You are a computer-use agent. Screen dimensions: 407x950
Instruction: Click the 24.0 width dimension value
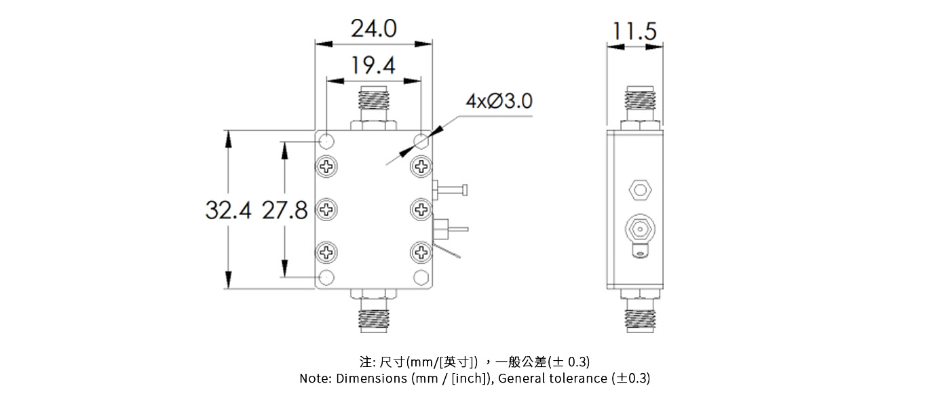373,29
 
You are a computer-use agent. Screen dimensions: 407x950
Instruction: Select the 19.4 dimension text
373,66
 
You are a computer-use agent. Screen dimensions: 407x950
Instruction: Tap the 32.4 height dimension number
228,210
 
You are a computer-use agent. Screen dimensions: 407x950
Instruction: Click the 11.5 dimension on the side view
634,31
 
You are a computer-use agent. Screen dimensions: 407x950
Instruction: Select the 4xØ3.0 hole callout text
499,101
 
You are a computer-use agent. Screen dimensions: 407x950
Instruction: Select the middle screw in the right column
421,209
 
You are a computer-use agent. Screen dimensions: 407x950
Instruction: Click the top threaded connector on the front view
373,105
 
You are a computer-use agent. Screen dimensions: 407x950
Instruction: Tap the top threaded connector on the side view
640,105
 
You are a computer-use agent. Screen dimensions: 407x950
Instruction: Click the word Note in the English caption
314,379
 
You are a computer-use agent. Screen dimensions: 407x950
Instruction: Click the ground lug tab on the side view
640,254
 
